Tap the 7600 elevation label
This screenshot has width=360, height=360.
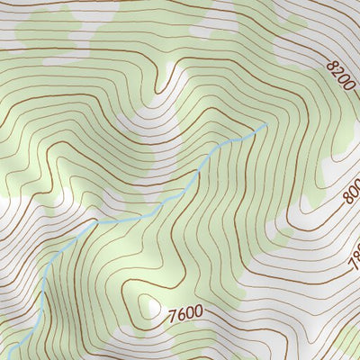pyautogui.click(x=184, y=314)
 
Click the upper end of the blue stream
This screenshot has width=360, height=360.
pyautogui.click(x=265, y=125)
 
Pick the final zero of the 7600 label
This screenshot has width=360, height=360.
pyautogui.click(x=198, y=313)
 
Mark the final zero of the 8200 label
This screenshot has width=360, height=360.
pyautogui.click(x=353, y=90)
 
